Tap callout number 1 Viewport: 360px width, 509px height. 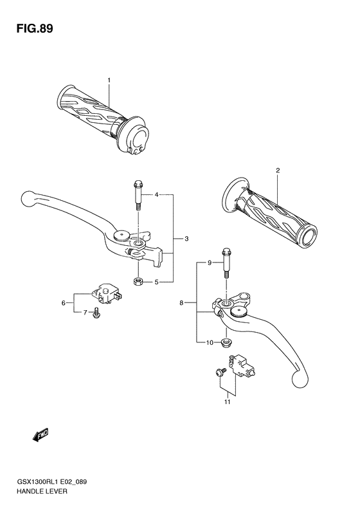click(x=109, y=80)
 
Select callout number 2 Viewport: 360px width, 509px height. click(x=278, y=171)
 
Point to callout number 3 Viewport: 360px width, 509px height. click(x=186, y=239)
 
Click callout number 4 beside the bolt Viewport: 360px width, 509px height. click(x=156, y=194)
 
